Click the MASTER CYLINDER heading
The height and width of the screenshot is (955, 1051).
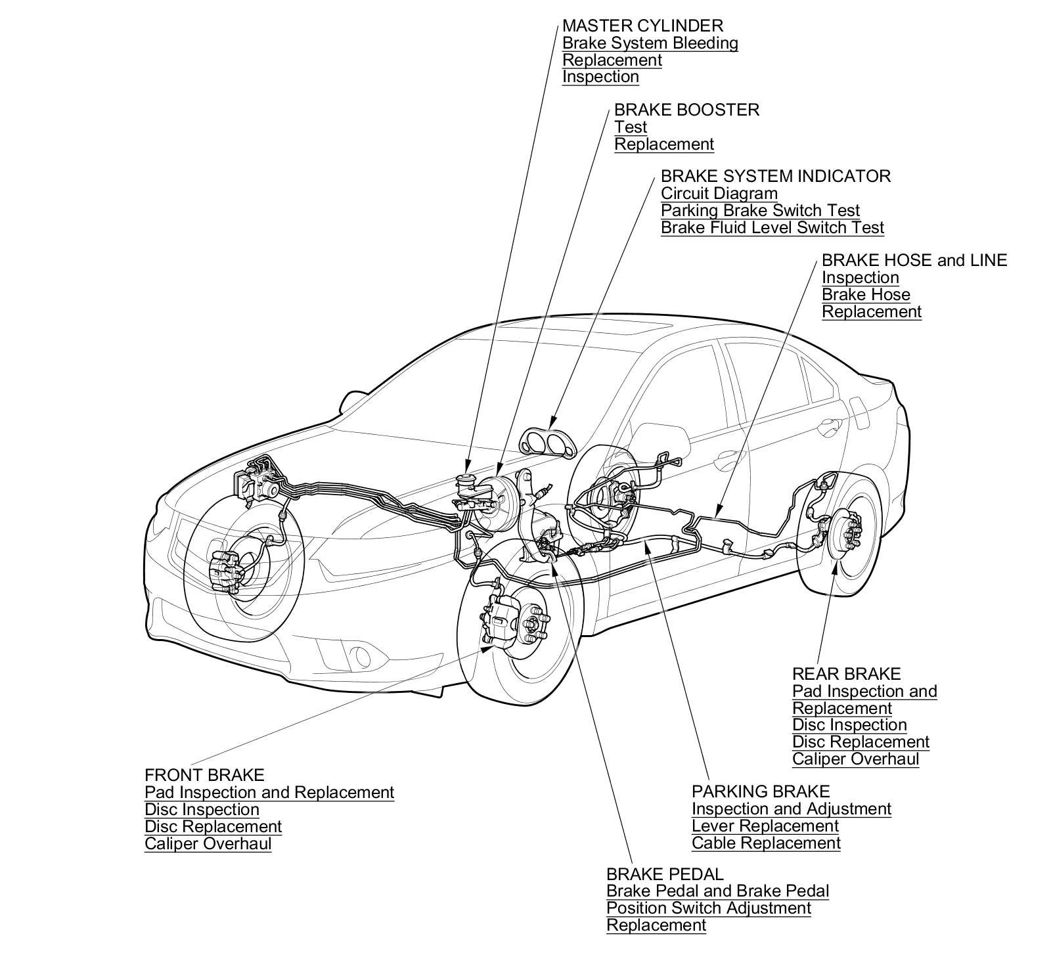(x=642, y=26)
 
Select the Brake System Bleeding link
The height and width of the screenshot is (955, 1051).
(x=650, y=43)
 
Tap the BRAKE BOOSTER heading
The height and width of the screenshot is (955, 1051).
(x=686, y=110)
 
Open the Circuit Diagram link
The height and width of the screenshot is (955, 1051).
(x=719, y=194)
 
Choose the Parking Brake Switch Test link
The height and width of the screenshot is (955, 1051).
(x=760, y=211)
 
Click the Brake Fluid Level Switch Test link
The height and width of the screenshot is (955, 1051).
(x=772, y=228)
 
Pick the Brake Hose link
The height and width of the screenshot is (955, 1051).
(x=866, y=294)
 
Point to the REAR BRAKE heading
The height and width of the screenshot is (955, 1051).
(x=846, y=674)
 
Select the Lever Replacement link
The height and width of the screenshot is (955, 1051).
(x=765, y=826)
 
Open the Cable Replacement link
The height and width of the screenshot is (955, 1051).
(x=766, y=843)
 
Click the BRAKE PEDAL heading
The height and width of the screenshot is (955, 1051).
(x=664, y=874)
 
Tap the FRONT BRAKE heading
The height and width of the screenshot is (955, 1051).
(x=204, y=775)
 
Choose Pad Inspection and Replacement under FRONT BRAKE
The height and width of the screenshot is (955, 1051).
(x=269, y=793)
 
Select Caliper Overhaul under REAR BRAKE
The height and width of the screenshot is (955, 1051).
(x=855, y=759)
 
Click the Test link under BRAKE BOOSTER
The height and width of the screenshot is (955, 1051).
(x=631, y=127)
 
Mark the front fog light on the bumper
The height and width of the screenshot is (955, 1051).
(x=361, y=655)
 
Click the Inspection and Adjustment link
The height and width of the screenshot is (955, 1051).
(x=791, y=809)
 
